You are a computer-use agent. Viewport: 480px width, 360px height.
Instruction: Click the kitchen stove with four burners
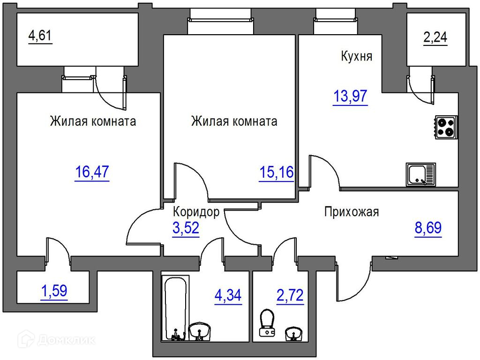pos(446,127)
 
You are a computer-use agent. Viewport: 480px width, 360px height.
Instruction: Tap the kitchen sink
pos(420,174)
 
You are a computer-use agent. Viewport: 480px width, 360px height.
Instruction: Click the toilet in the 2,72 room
pos(267,323)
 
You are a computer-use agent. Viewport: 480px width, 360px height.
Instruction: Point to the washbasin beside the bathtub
pos(199,331)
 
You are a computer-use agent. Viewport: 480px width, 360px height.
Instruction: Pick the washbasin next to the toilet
pos(293,334)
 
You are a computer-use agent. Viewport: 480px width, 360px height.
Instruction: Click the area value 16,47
pos(92,172)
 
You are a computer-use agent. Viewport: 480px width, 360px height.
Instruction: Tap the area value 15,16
pos(277,172)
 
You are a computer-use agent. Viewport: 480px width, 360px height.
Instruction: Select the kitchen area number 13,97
pos(350,96)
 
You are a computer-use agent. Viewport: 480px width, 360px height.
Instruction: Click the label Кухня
pos(357,56)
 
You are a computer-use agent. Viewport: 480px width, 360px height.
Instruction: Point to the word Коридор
pos(196,212)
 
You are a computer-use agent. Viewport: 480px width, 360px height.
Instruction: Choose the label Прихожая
pos(352,212)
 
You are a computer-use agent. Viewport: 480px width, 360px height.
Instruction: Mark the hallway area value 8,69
pos(428,228)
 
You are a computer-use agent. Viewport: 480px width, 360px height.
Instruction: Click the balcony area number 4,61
pos(40,36)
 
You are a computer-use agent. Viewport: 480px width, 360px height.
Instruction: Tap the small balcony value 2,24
pos(435,37)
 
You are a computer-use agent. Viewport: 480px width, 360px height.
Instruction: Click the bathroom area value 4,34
pos(228,295)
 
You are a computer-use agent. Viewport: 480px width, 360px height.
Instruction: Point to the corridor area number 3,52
pos(186,228)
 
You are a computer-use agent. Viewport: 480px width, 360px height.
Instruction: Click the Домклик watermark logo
pos(57,339)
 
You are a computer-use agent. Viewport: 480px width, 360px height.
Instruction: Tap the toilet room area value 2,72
pos(290,295)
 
